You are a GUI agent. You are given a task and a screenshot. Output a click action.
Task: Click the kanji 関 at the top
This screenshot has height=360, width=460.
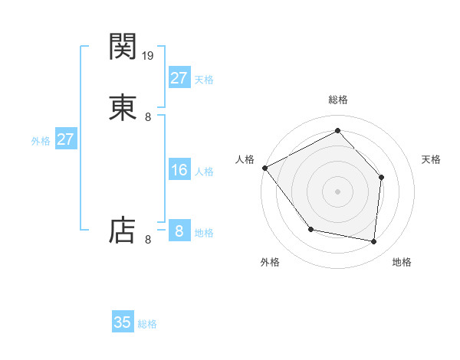point(123,47)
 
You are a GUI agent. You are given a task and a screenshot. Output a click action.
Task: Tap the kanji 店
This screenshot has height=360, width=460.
point(123,230)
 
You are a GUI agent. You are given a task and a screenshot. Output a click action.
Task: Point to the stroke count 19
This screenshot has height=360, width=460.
point(149,55)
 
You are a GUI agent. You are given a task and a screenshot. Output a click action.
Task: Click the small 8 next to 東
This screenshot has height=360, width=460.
point(148,117)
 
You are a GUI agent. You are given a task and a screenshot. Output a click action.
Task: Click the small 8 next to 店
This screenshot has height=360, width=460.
point(148,240)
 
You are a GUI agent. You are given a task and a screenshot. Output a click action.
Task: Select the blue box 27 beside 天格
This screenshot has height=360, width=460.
point(179,78)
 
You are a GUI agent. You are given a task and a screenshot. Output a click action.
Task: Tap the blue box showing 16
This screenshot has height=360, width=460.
point(179,170)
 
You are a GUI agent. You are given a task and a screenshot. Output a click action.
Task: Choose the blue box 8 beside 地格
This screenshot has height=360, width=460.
point(179,231)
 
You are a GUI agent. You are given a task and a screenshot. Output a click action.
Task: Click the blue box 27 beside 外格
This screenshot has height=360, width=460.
point(66,139)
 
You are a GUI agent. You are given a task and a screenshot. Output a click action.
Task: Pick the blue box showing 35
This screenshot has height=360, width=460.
point(123,322)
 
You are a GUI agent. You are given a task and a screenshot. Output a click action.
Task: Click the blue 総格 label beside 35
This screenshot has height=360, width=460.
point(148,324)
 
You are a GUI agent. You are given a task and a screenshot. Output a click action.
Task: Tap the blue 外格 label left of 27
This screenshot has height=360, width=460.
point(41,141)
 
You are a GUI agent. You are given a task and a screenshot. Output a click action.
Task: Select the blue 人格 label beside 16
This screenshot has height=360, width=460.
point(204,172)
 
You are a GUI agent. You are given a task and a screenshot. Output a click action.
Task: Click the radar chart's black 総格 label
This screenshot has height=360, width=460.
point(337,100)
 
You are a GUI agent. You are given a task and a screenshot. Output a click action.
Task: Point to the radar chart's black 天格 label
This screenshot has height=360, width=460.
point(432,159)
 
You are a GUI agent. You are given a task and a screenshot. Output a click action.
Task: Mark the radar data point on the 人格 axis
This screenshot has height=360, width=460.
point(264,168)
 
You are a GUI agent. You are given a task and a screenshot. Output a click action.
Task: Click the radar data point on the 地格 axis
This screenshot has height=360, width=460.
point(374,242)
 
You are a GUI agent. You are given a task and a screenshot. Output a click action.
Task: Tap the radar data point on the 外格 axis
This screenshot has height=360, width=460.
point(310,229)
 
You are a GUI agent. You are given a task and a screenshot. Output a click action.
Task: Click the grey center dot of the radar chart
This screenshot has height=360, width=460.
point(337,191)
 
